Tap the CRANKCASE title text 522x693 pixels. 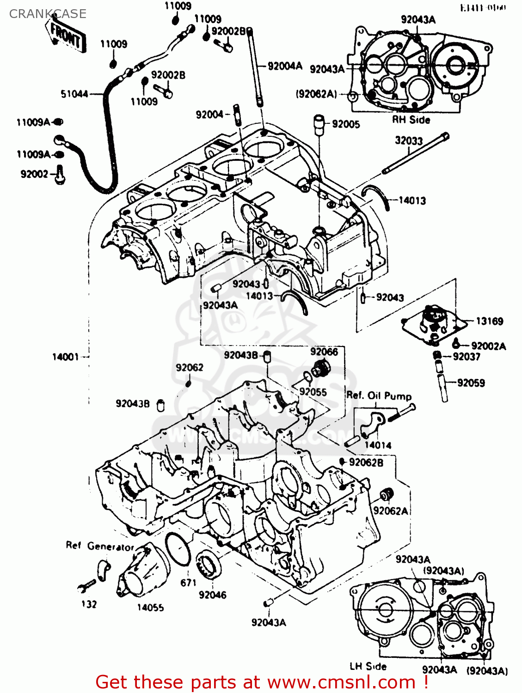coord(48,14)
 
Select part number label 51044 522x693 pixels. coord(74,94)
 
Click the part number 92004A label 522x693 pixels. coord(285,66)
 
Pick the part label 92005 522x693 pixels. coord(345,124)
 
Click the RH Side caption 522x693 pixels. coord(411,120)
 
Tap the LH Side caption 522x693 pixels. coord(368,666)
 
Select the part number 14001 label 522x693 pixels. coord(65,357)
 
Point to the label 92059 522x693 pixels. coord(471,383)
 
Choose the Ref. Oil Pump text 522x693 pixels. coord(379,396)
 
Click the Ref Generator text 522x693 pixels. coord(99,547)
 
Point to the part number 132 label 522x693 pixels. coord(89,604)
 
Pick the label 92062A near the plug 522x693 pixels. coord(391,511)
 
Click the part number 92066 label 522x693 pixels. coord(324,352)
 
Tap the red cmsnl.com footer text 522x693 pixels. coord(262,682)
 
